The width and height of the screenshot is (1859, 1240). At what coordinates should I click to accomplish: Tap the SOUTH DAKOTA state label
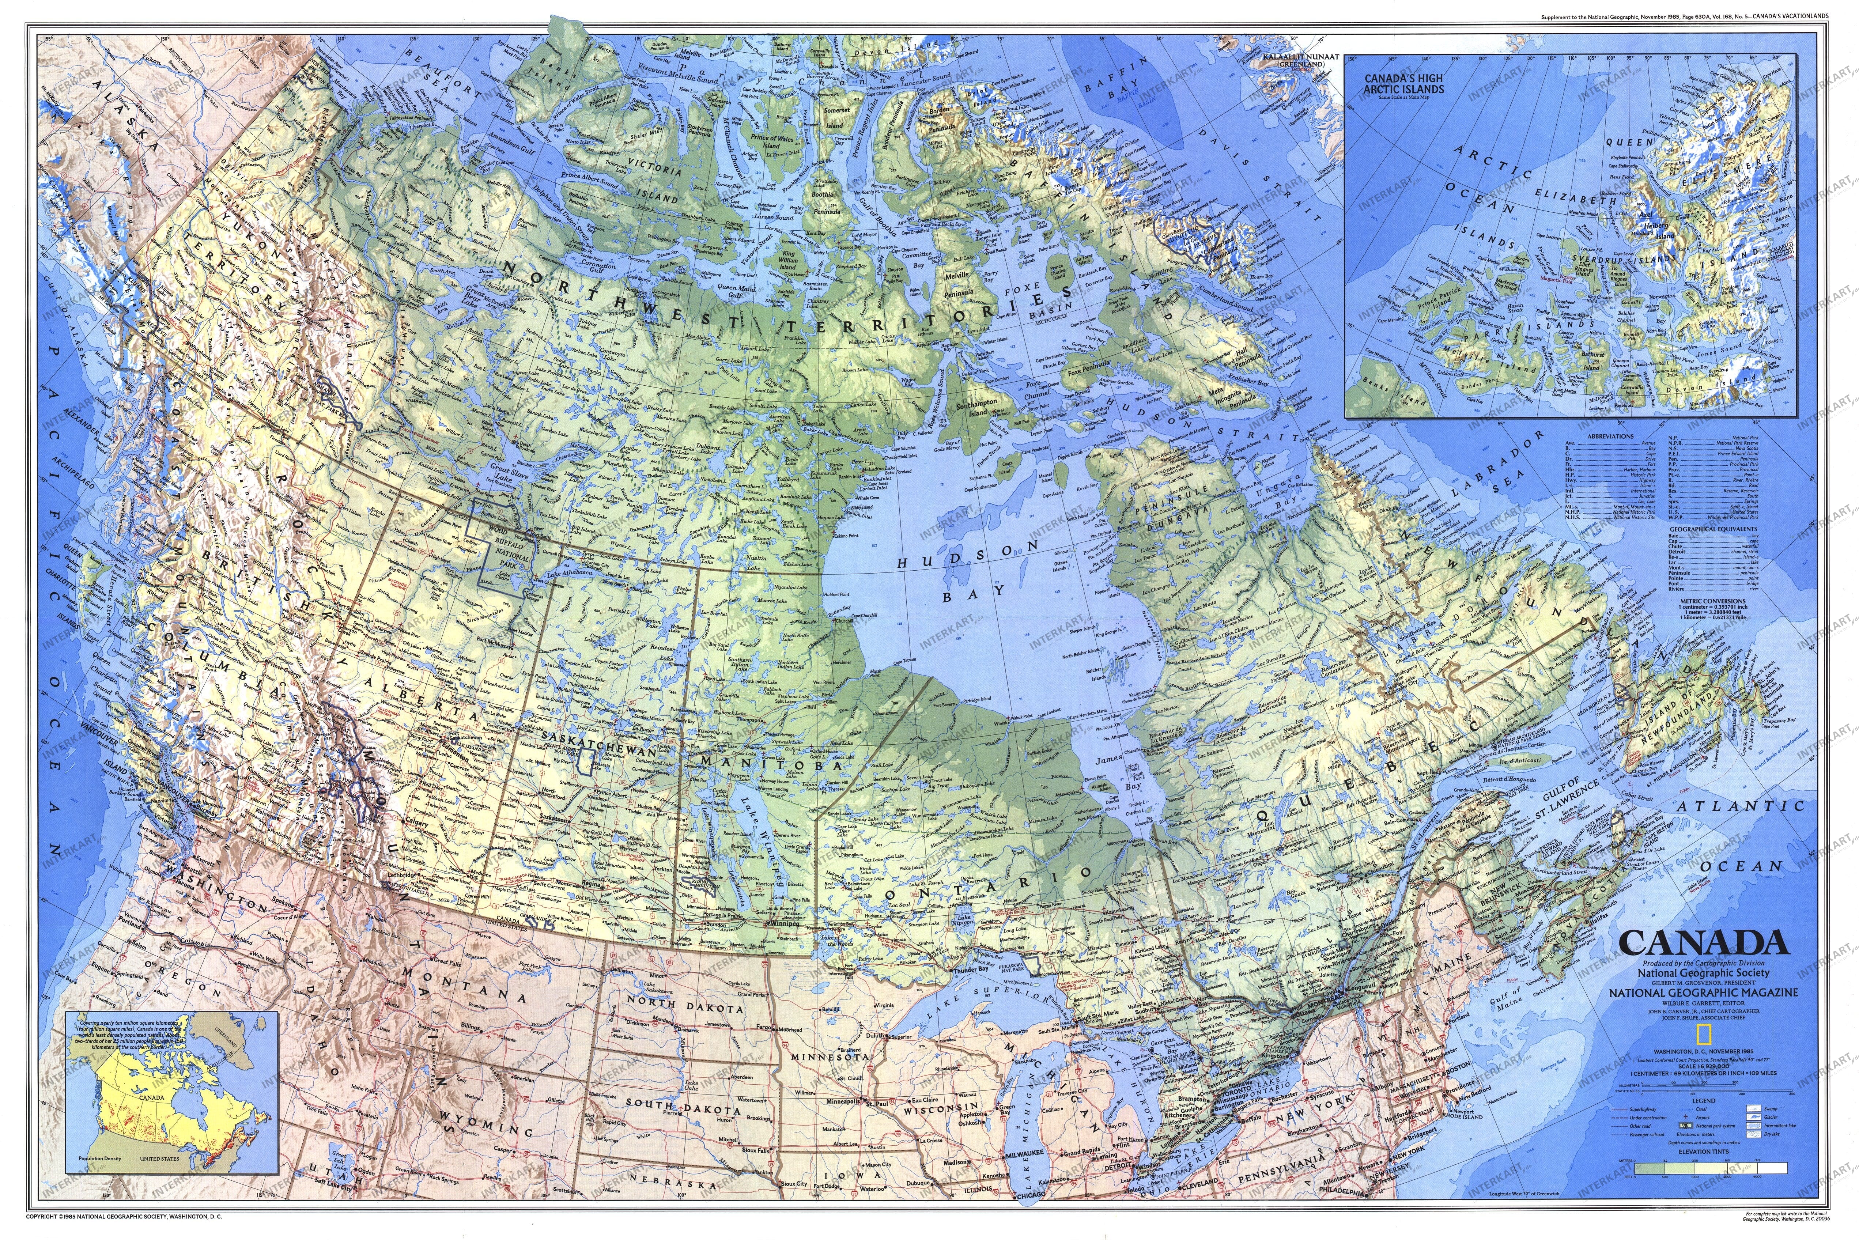click(681, 1105)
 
